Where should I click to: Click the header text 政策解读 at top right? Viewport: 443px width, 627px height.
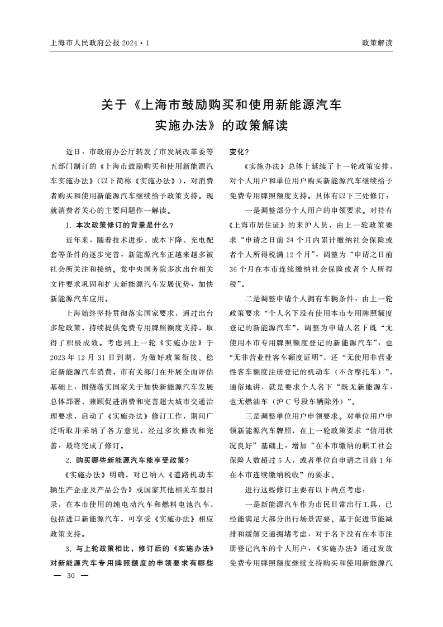[x=378, y=42]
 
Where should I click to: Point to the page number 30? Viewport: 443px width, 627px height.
[x=70, y=576]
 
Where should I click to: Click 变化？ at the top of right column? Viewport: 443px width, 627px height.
[x=240, y=151]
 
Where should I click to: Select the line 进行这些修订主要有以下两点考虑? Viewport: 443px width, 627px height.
[x=304, y=490]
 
